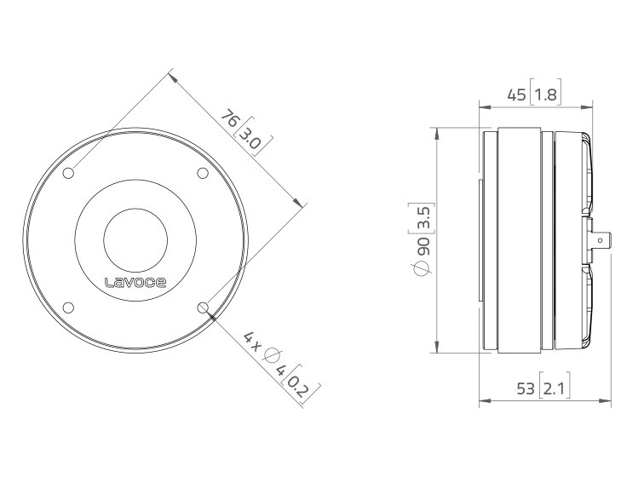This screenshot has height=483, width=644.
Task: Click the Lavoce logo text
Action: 135,283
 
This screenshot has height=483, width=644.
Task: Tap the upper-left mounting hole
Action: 68,173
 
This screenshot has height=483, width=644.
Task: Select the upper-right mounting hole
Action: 203,173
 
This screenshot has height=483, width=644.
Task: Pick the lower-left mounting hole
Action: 68,308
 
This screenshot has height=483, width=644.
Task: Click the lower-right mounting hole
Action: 203,308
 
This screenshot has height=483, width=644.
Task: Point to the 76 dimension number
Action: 230,118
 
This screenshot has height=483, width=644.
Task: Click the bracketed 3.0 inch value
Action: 250,139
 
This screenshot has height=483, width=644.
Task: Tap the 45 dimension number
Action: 517,95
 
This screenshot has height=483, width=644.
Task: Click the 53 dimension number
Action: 526,388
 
